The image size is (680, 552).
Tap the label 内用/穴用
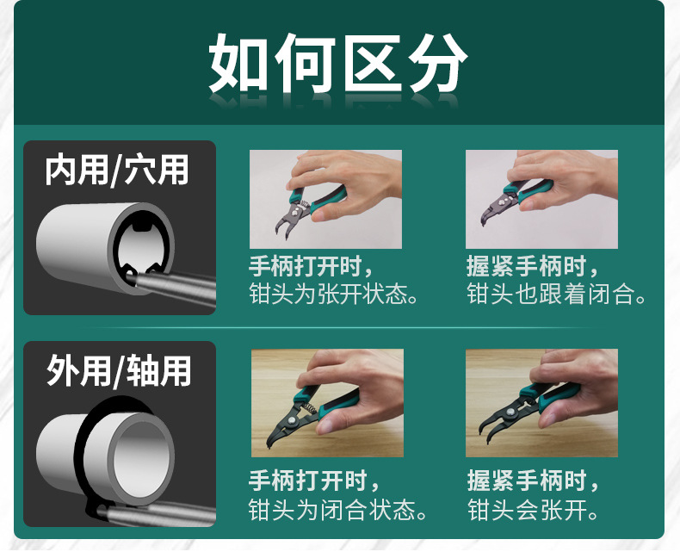[x=117, y=170]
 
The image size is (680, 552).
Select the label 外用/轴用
[x=119, y=370]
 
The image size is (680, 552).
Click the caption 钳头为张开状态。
[x=334, y=294]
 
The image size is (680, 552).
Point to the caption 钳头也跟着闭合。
[x=556, y=294]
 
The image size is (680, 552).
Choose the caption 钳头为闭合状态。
[x=337, y=509]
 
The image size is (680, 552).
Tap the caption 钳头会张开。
[x=533, y=509]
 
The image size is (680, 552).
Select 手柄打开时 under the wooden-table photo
[x=309, y=481]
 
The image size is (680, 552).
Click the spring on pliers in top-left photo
[x=304, y=203]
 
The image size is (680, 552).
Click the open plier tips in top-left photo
[x=282, y=229]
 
